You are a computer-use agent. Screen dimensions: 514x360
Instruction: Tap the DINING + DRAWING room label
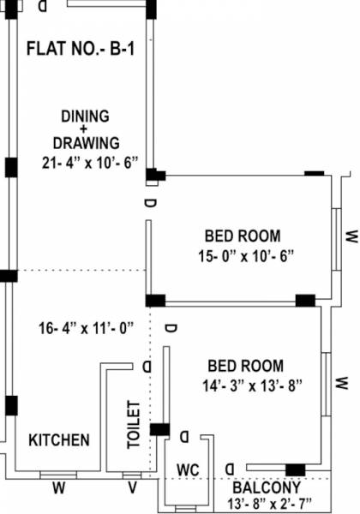click(85, 129)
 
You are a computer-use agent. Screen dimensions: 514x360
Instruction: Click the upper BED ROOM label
click(242, 236)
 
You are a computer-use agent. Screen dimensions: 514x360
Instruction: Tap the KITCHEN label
click(59, 440)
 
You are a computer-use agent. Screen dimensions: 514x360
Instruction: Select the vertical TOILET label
click(133, 424)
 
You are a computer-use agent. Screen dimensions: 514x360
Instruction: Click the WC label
click(188, 469)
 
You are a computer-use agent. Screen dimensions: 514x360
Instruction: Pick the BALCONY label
click(266, 484)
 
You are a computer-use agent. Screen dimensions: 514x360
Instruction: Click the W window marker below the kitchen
click(58, 489)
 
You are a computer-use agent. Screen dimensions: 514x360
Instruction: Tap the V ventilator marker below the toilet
click(131, 489)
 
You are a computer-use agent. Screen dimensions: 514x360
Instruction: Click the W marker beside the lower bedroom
click(341, 380)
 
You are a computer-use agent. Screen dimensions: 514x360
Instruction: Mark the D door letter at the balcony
click(230, 467)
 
